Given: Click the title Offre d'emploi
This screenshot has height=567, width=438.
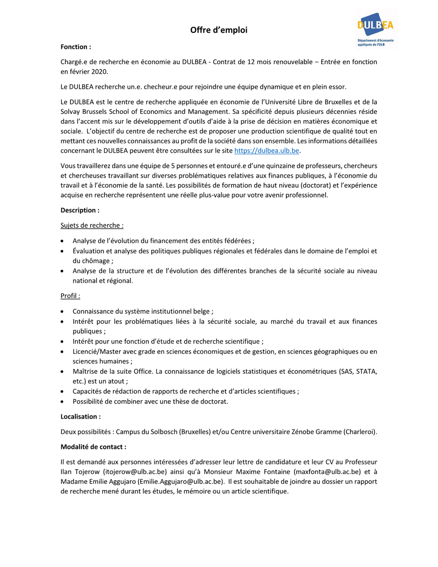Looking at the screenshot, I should [x=219, y=30].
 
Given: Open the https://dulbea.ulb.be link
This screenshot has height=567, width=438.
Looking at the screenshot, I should [x=267, y=151].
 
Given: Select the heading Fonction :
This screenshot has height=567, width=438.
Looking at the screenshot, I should [x=76, y=47].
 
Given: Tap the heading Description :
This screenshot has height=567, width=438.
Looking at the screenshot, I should [x=80, y=210].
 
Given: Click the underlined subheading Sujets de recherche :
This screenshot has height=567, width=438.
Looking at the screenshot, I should [x=92, y=225].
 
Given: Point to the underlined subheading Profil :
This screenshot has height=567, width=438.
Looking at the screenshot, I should [x=70, y=296].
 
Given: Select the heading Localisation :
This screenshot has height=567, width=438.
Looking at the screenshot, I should [x=80, y=417].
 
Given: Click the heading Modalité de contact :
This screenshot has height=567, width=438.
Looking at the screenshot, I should [x=93, y=447].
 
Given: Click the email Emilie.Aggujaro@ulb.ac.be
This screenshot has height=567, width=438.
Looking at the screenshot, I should [x=180, y=481].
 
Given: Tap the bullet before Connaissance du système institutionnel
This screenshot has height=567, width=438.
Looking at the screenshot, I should [x=63, y=312].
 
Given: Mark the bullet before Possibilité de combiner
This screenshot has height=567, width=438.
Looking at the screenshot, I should [x=63, y=402].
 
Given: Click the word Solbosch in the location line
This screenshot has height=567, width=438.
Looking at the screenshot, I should [x=163, y=432].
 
